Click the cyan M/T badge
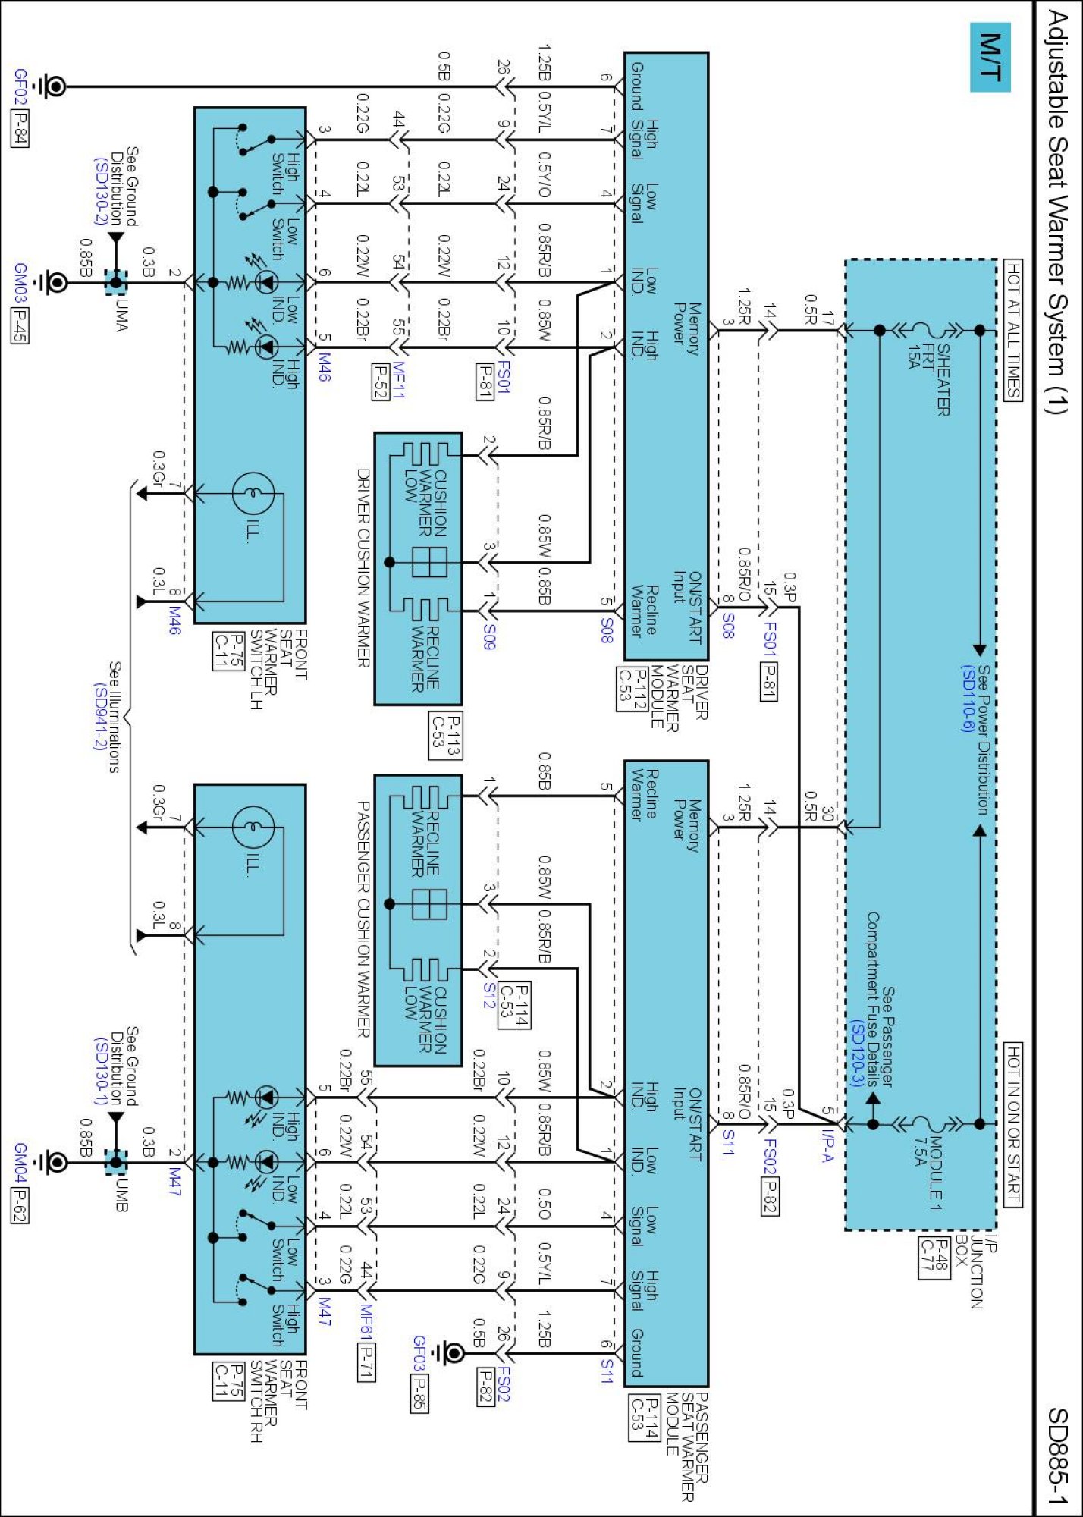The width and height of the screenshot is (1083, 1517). pyautogui.click(x=990, y=57)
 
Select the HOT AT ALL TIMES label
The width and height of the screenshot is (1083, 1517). pyautogui.click(x=1013, y=329)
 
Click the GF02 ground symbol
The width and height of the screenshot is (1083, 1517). pyautogui.click(x=54, y=86)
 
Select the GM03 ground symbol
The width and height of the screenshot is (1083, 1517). pyautogui.click(x=55, y=283)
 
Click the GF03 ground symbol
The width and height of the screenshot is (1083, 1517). pyautogui.click(x=453, y=1352)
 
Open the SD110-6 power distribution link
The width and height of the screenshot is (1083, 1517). pyautogui.click(x=968, y=699)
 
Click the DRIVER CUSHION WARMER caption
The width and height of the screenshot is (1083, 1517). pyautogui.click(x=363, y=568)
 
